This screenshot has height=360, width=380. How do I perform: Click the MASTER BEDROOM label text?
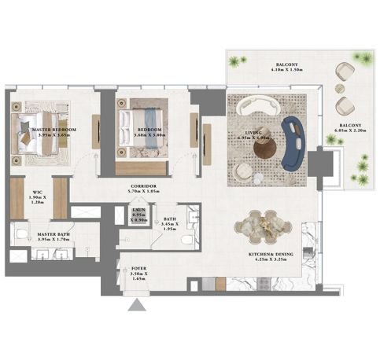point(53,131)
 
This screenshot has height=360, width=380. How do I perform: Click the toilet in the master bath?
point(22,232)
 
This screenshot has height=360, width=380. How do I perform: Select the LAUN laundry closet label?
point(138,216)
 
